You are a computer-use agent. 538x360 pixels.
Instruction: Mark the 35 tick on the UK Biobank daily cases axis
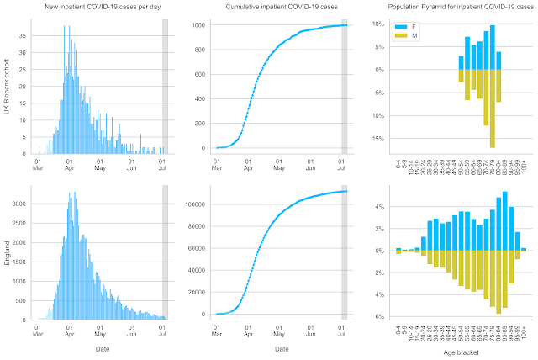pyautogui.click(x=24, y=37)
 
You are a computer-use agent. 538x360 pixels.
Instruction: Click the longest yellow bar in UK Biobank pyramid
pyautogui.click(x=492, y=109)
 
